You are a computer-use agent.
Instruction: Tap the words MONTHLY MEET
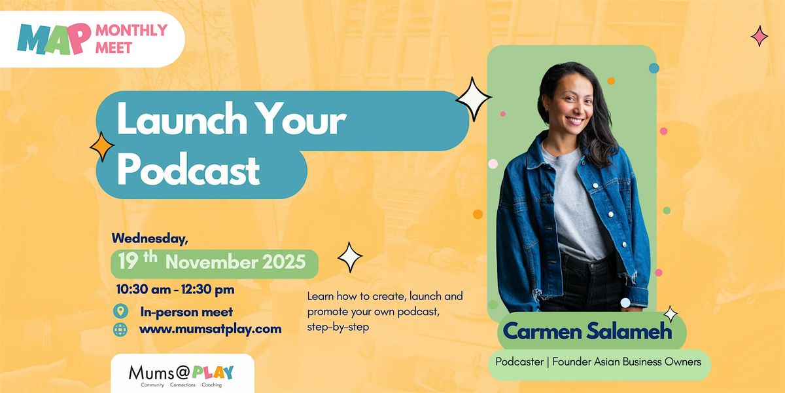(131, 38)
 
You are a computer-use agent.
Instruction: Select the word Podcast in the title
(188, 171)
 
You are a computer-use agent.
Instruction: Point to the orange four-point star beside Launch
(102, 145)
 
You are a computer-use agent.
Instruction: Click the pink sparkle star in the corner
(759, 36)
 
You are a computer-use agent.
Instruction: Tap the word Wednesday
(150, 238)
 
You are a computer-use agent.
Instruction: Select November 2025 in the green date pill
(235, 262)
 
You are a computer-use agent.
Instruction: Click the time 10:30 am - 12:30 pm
(175, 289)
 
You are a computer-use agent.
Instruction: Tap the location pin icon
(120, 311)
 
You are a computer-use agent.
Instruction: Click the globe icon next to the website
(120, 329)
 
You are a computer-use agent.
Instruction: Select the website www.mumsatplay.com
(210, 329)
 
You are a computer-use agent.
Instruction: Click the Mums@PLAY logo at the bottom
(182, 373)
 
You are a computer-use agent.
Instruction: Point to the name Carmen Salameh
(587, 331)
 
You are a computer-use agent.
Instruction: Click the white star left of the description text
(350, 257)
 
